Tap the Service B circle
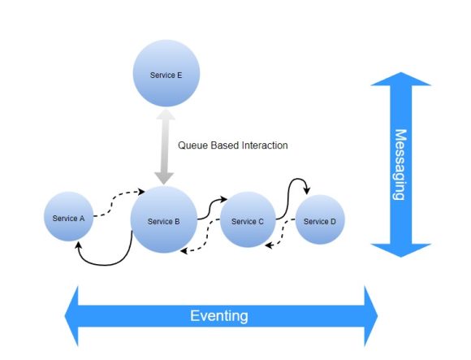(x=164, y=219)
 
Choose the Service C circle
(x=248, y=219)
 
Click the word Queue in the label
(x=192, y=146)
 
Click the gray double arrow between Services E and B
(x=165, y=146)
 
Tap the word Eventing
(x=219, y=314)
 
